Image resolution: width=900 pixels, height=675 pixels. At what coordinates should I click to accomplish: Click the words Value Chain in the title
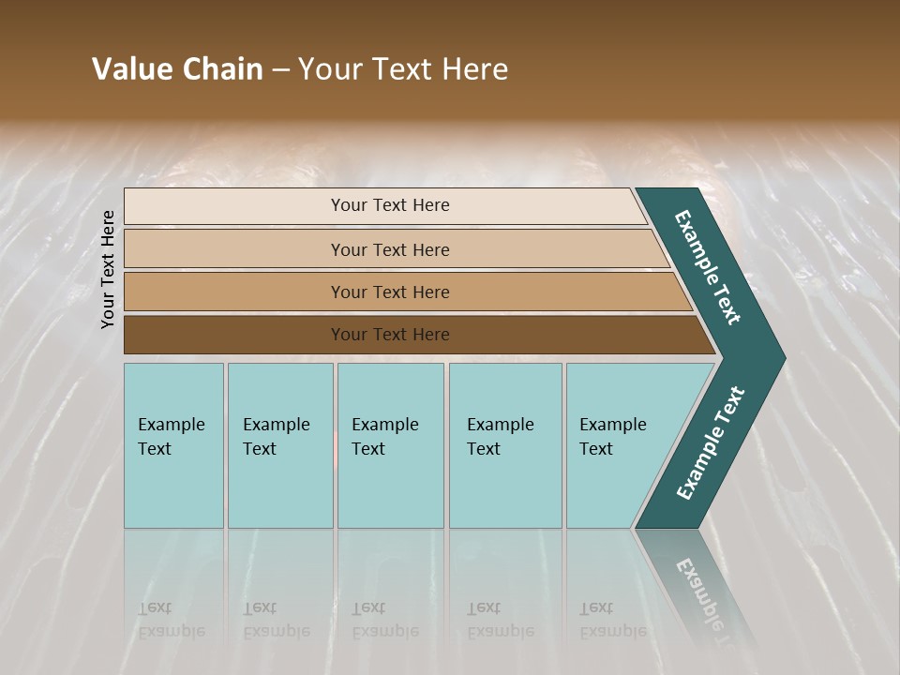coord(177,69)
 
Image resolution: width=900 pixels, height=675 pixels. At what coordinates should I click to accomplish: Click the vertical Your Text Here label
coord(108,269)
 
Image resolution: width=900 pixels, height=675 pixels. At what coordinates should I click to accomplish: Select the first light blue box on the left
coord(173,445)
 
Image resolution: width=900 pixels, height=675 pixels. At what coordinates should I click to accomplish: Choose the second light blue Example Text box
coord(280,445)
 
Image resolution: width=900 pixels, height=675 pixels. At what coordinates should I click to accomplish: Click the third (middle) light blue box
coord(390,445)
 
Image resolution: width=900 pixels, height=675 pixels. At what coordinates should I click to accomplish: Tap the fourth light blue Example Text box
coord(505,445)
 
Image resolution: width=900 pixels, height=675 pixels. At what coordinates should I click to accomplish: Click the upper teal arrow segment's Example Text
coord(708,267)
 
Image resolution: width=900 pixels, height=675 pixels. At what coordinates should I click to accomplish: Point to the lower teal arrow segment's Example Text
coord(711,443)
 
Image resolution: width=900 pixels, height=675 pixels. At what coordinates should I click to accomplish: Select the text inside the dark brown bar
coord(390,335)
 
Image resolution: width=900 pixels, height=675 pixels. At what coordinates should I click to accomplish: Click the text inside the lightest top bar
coord(390,205)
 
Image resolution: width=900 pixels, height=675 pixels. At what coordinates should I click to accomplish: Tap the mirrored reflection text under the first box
coord(171,620)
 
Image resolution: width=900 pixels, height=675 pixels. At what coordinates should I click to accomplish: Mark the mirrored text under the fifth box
coord(613,620)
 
